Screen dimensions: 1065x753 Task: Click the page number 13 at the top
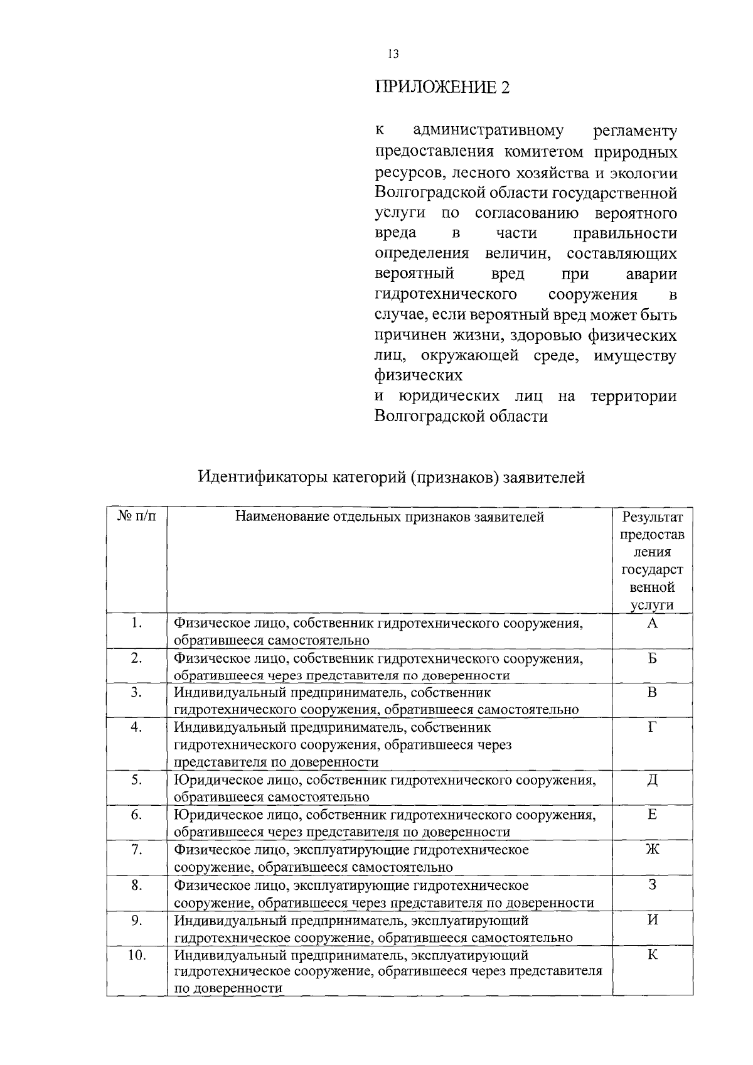pyautogui.click(x=393, y=54)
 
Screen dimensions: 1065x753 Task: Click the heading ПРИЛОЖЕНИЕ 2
pyautogui.click(x=442, y=87)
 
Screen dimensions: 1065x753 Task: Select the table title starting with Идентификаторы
pyautogui.click(x=392, y=478)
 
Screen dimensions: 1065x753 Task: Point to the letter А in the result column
pyautogui.click(x=652, y=623)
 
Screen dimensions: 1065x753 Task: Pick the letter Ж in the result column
pyautogui.click(x=652, y=850)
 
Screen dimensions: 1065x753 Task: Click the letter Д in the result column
pyautogui.click(x=652, y=780)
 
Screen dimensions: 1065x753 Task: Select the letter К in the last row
pyautogui.click(x=652, y=955)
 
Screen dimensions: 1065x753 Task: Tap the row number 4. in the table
pyautogui.click(x=137, y=727)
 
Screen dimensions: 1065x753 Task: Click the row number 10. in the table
pyautogui.click(x=137, y=955)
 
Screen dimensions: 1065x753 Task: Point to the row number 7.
pyautogui.click(x=137, y=850)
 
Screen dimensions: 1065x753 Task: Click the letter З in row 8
pyautogui.click(x=652, y=885)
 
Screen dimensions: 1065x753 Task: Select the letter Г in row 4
pyautogui.click(x=652, y=727)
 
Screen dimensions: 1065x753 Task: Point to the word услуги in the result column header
pyautogui.click(x=652, y=605)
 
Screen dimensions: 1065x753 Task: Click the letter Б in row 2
pyautogui.click(x=652, y=658)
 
